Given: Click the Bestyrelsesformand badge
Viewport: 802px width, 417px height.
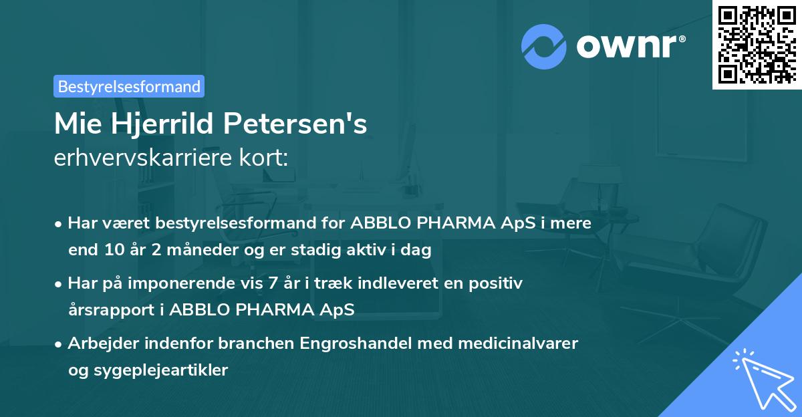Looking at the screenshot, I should [129, 86].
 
